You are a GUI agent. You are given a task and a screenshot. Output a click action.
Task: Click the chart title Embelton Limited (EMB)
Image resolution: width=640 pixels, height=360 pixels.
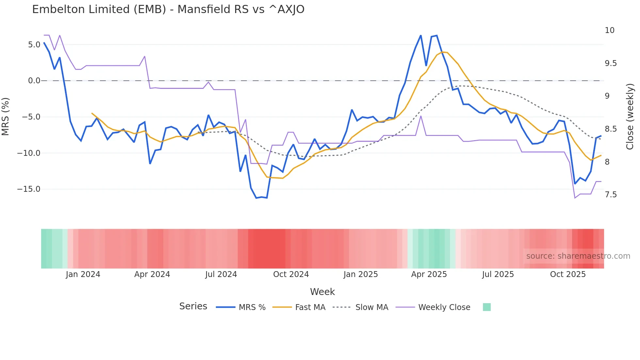[168, 9]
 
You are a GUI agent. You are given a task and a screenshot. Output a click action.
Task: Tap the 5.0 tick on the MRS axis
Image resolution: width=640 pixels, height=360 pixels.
[34, 45]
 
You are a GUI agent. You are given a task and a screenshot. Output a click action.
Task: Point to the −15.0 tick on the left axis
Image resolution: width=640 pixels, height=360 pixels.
[29, 189]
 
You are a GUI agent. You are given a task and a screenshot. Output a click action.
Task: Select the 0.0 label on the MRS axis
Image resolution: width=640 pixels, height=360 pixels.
[34, 81]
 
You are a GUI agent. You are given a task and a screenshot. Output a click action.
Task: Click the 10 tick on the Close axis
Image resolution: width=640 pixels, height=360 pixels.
[609, 30]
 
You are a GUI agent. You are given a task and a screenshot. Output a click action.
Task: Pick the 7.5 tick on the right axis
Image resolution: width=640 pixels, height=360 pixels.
[611, 195]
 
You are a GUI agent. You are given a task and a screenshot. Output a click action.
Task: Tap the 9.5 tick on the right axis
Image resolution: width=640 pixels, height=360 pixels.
[611, 63]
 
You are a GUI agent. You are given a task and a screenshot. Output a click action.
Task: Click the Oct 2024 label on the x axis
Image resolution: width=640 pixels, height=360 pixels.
[291, 274]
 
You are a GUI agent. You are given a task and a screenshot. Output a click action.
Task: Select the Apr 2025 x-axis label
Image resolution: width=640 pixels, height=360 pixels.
[429, 274]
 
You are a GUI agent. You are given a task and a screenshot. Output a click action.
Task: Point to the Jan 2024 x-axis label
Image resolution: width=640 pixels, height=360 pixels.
[83, 274]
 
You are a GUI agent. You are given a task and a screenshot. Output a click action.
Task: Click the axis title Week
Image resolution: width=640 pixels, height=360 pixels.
[322, 292]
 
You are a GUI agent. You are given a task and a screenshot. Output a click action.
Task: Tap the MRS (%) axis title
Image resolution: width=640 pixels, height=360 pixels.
[6, 117]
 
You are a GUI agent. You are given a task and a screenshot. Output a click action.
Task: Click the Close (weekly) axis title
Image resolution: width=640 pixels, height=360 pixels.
[630, 117]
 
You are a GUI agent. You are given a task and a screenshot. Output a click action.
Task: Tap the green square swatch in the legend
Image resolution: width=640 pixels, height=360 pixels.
[487, 307]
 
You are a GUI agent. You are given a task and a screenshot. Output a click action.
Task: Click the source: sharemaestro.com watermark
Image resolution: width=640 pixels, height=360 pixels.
[578, 256]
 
